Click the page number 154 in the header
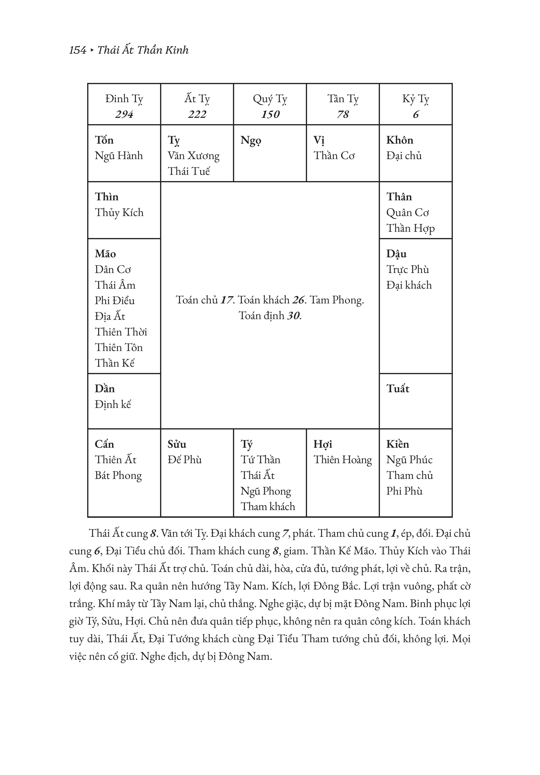(78, 50)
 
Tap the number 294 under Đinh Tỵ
(124, 114)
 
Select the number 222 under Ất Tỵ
(197, 114)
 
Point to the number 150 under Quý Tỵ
(270, 114)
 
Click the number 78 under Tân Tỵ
(343, 114)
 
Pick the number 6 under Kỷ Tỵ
(416, 114)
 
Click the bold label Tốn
(104, 140)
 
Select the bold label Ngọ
(251, 140)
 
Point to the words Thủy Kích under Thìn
(119, 213)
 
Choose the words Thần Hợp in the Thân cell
(410, 228)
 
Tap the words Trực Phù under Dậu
(408, 269)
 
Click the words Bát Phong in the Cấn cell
(118, 475)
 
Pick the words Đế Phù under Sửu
(184, 460)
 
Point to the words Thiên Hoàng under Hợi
(342, 460)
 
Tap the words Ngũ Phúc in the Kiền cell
(409, 460)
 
